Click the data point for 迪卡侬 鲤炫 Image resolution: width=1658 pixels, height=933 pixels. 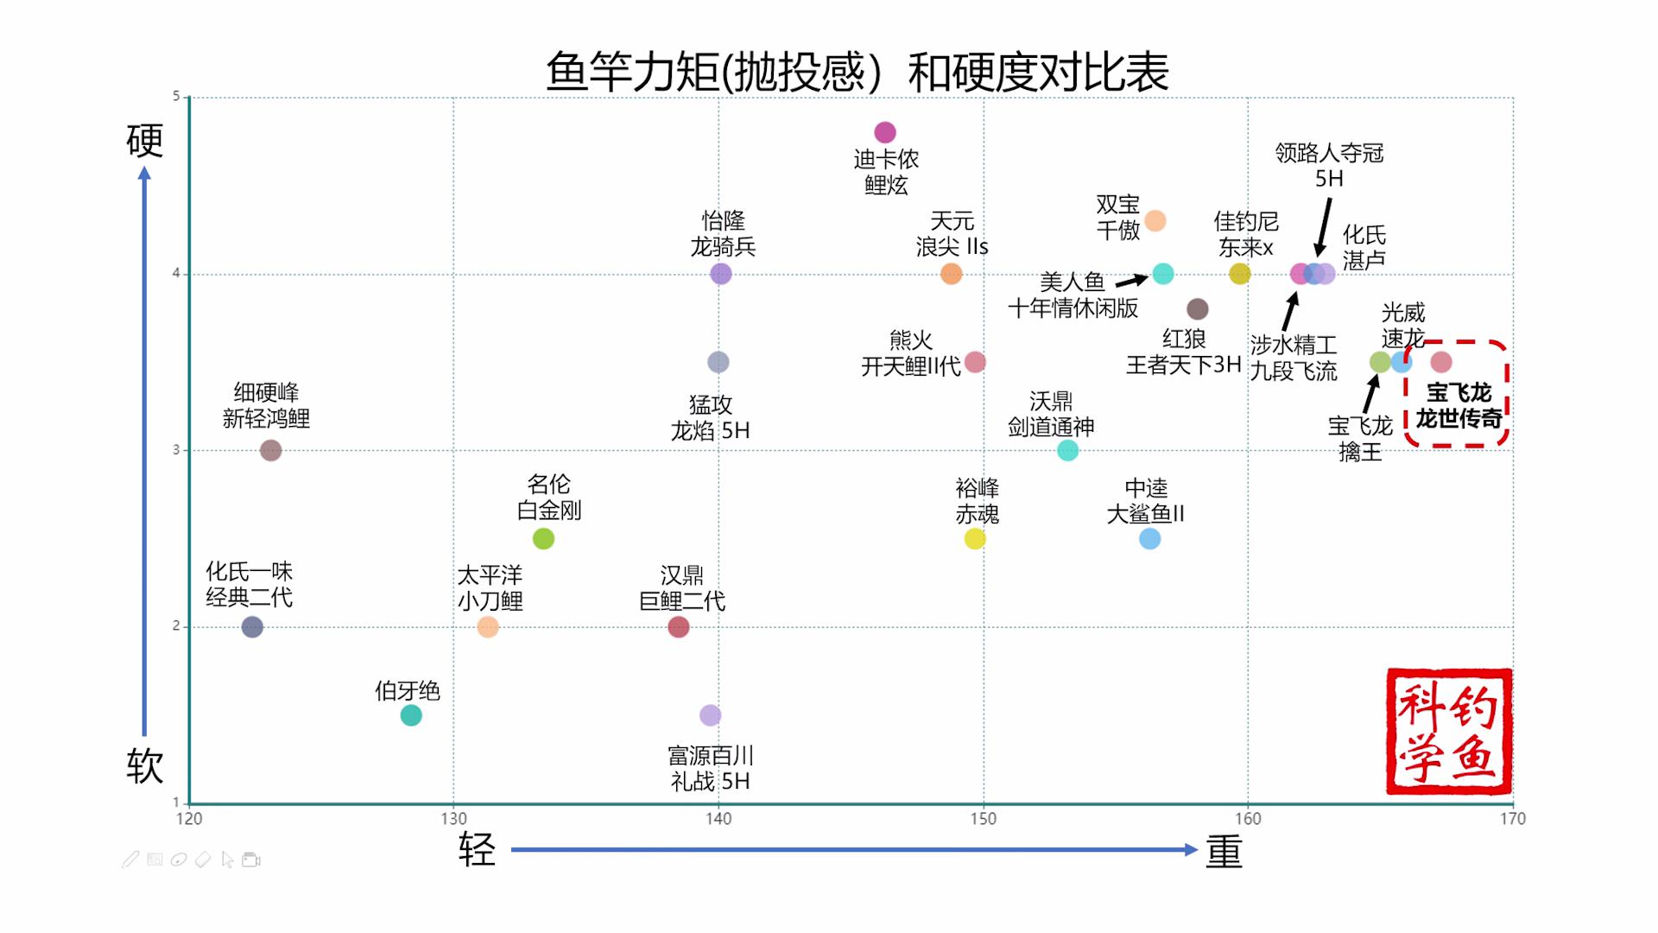point(885,132)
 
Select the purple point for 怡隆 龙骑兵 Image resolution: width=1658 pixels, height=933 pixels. point(721,274)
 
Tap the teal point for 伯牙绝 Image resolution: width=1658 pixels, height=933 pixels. point(411,715)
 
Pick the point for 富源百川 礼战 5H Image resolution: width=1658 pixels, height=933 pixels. point(710,715)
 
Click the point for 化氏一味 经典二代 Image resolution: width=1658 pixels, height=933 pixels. point(252,627)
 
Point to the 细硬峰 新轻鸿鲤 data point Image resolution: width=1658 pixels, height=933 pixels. point(270,450)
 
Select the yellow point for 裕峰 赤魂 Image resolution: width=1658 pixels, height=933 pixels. point(975,539)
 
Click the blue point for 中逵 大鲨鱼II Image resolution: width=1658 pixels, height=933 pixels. point(1149,539)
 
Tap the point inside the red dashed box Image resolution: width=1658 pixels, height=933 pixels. point(1441,362)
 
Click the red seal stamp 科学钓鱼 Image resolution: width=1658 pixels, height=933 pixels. point(1448,731)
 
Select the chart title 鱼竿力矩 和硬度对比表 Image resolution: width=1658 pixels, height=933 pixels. point(857,71)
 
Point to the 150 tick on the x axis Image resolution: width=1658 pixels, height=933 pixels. point(983,819)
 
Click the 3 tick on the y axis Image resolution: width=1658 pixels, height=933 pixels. point(176,450)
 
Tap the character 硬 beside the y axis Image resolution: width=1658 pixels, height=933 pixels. point(144,141)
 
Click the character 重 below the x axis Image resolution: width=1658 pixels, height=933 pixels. point(1224,852)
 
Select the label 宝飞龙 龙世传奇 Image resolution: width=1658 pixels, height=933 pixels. point(1459,406)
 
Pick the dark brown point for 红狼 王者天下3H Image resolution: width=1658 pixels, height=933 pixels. point(1197,308)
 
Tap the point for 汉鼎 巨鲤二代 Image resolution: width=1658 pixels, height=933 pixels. point(679,627)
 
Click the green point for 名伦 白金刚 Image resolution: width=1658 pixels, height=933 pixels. point(543,539)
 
